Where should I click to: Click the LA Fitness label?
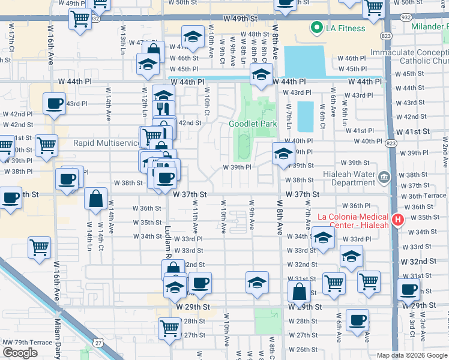point(345,28)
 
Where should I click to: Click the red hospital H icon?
point(397,221)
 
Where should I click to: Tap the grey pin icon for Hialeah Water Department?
point(385,178)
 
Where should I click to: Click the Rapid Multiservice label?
point(105,143)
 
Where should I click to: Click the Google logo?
point(20,352)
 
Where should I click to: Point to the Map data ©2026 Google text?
point(412,355)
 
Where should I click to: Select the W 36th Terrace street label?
point(423,196)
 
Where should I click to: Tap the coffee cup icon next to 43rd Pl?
point(54,103)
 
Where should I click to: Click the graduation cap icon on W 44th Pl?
point(261,75)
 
